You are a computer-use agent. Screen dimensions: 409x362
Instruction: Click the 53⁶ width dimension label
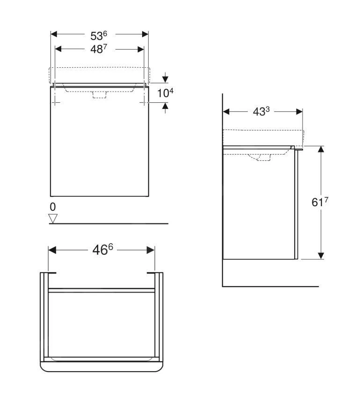[x=99, y=35]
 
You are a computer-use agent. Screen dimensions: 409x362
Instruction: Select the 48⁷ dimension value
[x=99, y=49]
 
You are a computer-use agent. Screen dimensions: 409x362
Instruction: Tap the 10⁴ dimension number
[x=165, y=93]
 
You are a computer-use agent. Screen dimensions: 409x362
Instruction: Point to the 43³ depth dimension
[x=261, y=112]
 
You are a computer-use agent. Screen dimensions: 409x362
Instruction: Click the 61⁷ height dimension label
[x=320, y=202]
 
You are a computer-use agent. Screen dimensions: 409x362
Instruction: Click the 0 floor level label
[x=53, y=207]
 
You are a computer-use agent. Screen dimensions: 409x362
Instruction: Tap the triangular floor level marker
[x=53, y=218]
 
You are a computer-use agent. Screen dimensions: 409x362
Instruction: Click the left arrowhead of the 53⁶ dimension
[x=54, y=34]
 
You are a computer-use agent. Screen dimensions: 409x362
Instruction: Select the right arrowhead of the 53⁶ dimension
[x=145, y=34]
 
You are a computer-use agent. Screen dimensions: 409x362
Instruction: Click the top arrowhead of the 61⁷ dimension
[x=321, y=149]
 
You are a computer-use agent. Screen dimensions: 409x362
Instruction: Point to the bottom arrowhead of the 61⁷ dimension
[x=321, y=255]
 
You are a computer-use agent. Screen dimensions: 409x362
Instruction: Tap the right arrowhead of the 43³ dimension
[x=299, y=111]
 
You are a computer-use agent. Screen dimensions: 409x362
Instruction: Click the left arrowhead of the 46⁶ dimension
[x=52, y=250]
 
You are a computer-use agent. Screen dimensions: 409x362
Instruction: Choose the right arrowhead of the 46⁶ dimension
[x=151, y=250]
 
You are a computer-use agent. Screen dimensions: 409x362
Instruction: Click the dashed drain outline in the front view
[x=100, y=95]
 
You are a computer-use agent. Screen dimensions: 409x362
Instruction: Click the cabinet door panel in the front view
[x=99, y=145]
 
